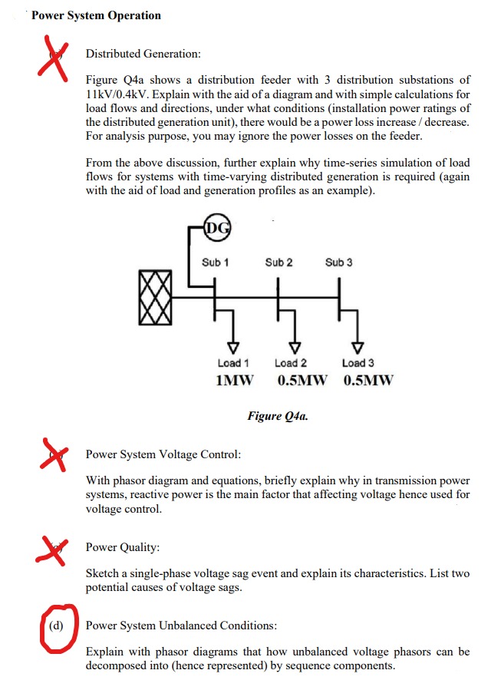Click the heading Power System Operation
click(96, 15)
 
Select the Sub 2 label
click(278, 262)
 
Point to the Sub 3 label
click(338, 262)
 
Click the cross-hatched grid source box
click(156, 295)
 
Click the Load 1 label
click(233, 363)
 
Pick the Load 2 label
click(291, 363)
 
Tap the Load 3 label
click(358, 363)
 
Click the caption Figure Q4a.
click(278, 416)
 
